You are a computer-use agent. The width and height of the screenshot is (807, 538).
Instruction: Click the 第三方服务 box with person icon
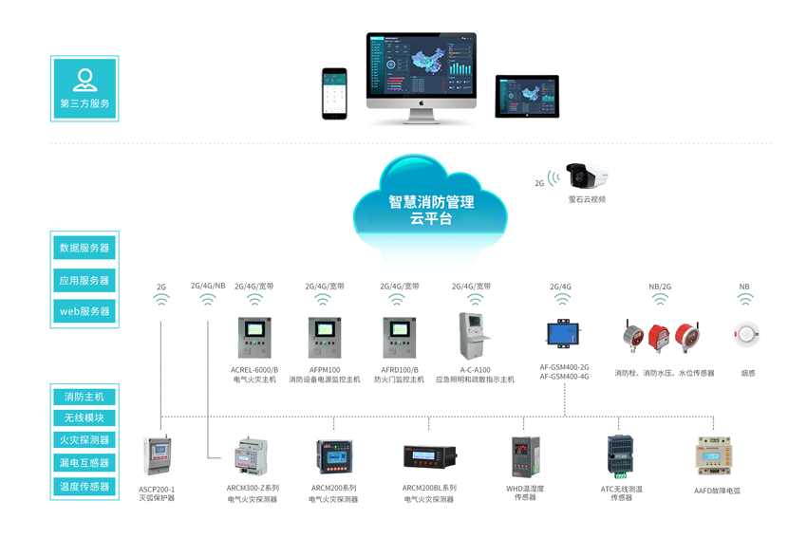click(x=84, y=87)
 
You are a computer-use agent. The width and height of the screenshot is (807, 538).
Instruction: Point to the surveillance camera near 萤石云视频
click(x=586, y=176)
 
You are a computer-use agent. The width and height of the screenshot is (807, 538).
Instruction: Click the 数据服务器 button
click(x=84, y=248)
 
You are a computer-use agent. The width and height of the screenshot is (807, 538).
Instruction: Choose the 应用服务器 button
click(x=84, y=280)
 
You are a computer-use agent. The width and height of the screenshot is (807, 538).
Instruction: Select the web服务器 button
click(x=84, y=311)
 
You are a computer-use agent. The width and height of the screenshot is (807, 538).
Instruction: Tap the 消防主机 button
click(x=84, y=397)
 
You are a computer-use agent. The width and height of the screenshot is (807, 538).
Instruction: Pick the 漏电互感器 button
click(x=84, y=463)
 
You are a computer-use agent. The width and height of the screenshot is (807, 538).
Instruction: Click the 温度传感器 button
click(x=84, y=487)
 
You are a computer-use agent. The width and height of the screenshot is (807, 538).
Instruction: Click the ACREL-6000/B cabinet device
click(x=254, y=338)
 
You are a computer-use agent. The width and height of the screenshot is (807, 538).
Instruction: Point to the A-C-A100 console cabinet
click(x=475, y=336)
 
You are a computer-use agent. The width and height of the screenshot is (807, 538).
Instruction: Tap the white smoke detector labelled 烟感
click(x=746, y=334)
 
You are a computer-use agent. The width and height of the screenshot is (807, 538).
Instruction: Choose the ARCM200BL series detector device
click(x=429, y=457)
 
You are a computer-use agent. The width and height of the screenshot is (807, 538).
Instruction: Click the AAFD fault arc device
click(x=717, y=455)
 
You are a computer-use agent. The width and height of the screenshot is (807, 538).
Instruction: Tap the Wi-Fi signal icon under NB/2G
click(x=660, y=300)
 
